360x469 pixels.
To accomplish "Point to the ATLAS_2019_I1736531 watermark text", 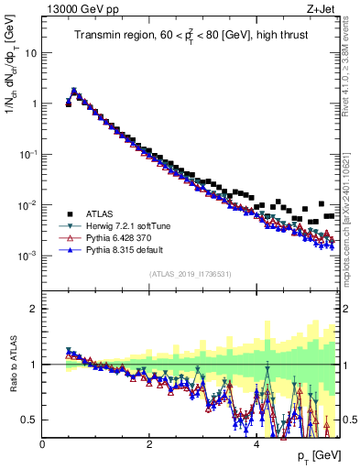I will tap(190, 274).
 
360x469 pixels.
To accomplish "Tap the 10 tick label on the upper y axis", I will tap(31, 53).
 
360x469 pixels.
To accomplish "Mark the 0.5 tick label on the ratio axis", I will tap(29, 420).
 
